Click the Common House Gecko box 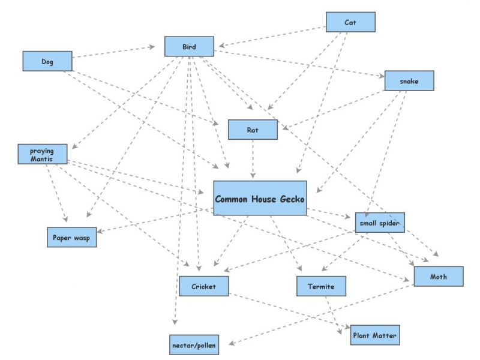(x=260, y=199)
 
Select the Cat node (x=350, y=22)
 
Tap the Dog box (x=47, y=61)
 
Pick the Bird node (x=189, y=46)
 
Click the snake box (x=409, y=80)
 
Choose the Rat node (x=253, y=130)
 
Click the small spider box (x=380, y=223)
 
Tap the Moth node (x=438, y=277)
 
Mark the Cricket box (x=203, y=286)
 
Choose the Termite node (x=322, y=286)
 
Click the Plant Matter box (x=374, y=335)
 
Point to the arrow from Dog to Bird (x=114, y=52)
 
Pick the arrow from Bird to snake (x=300, y=64)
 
